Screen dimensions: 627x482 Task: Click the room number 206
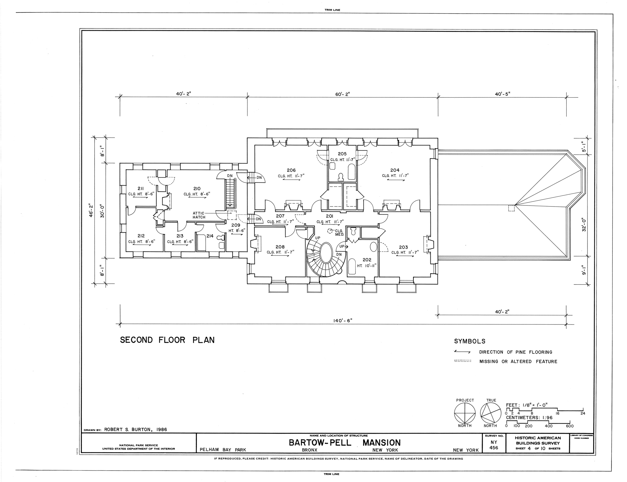(291, 170)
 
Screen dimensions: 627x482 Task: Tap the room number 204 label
(395, 170)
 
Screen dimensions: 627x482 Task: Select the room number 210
(197, 189)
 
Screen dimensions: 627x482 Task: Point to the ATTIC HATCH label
(199, 215)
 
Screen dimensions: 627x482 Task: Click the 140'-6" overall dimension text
(342, 321)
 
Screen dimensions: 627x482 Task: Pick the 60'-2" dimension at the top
(342, 94)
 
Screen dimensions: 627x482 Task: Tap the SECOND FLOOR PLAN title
(167, 340)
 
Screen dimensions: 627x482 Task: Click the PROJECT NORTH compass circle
(465, 413)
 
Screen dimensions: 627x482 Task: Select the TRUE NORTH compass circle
(491, 413)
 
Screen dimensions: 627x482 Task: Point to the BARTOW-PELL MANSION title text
(345, 443)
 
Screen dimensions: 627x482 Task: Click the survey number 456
(494, 448)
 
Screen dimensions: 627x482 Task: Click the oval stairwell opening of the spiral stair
(326, 255)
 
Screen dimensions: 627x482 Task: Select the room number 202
(367, 260)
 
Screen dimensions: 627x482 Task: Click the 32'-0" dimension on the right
(584, 225)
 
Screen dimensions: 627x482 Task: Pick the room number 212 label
(141, 236)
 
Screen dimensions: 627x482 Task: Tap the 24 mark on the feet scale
(583, 413)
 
